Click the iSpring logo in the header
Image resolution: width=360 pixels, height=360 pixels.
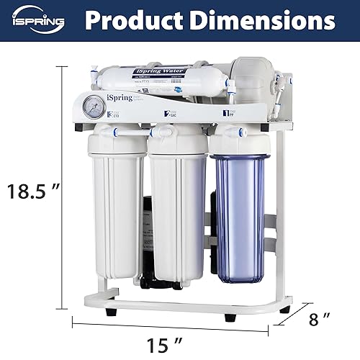pyautogui.click(x=37, y=22)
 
